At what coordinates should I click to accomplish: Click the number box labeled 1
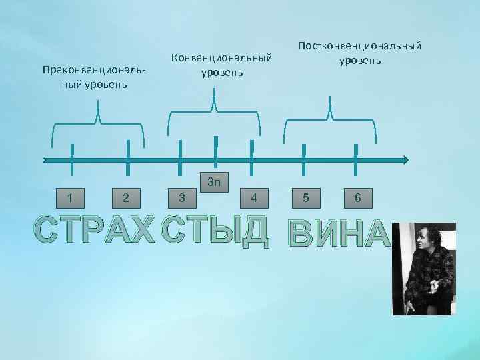coord(71,197)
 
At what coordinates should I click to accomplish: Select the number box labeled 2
coord(127,197)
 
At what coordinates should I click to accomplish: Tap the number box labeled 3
coord(182,197)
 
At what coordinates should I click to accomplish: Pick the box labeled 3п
coord(215,181)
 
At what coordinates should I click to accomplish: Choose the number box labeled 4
coord(253,197)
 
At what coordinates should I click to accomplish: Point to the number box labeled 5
coord(305,197)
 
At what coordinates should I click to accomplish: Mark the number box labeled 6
coord(358,197)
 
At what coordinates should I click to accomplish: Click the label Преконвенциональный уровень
coord(93,77)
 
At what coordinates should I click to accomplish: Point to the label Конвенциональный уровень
coord(222,65)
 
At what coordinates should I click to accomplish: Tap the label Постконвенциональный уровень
coord(359,53)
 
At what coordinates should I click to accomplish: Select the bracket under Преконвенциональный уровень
coord(99,123)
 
